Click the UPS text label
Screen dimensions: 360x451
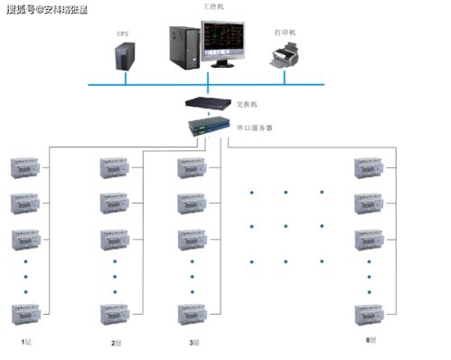[121, 33]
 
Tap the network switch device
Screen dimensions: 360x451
[208, 102]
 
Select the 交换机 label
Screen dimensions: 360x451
[248, 104]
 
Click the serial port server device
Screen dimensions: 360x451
[209, 127]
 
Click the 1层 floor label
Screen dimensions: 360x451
[27, 343]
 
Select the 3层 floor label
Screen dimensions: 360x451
[193, 343]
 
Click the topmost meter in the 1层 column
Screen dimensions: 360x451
[27, 167]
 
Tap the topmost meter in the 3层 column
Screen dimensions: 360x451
[193, 167]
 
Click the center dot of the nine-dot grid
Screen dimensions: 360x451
[286, 226]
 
